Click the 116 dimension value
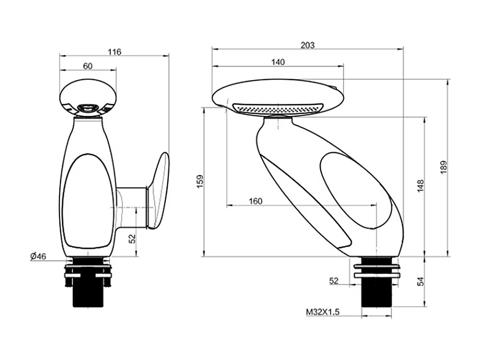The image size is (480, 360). (114, 52)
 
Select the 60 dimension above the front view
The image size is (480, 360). (88, 66)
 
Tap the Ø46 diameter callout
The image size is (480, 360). (38, 257)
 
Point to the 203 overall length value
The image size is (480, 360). (308, 45)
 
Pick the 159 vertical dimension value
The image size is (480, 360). (200, 181)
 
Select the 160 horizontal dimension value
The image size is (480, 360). (256, 201)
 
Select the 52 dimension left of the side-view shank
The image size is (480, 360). (333, 281)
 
